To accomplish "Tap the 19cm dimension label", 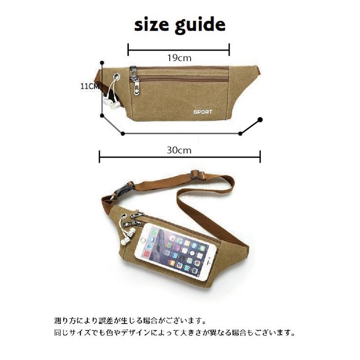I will [x=179, y=57].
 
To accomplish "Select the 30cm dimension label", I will [x=179, y=150].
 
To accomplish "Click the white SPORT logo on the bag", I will [x=203, y=111].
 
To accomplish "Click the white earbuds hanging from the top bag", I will [x=111, y=102].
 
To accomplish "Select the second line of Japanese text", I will [x=175, y=333].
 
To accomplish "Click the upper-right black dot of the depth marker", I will [x=260, y=120].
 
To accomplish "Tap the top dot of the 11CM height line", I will [x=102, y=63].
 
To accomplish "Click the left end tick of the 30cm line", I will [x=99, y=157].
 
